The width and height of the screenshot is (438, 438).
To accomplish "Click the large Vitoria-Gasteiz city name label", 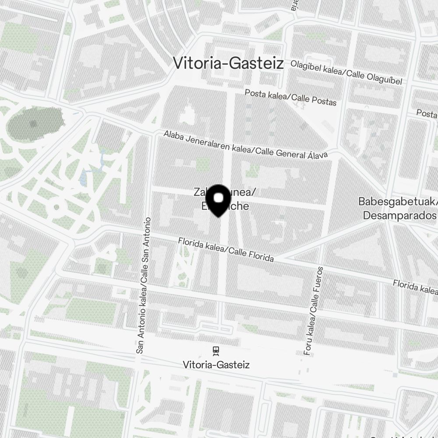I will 228,63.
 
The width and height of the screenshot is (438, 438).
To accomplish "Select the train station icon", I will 215,350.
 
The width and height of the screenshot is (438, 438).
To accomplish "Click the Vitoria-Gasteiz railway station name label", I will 216,364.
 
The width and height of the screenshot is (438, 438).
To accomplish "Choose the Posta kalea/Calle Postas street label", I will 290,97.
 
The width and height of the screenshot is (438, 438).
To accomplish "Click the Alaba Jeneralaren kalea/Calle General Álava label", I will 246,143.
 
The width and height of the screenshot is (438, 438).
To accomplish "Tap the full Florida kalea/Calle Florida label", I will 226,250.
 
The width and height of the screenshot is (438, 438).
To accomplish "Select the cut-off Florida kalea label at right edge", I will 415,286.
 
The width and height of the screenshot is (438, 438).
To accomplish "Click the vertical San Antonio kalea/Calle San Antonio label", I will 144,285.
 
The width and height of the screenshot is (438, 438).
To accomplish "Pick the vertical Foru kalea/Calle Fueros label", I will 313,310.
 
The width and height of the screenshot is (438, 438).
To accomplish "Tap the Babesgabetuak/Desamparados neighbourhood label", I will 398,208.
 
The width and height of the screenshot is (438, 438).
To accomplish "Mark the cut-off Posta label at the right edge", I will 427,114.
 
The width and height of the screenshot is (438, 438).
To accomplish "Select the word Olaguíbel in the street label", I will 380,78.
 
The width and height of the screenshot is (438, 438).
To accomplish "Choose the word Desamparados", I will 399,215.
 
